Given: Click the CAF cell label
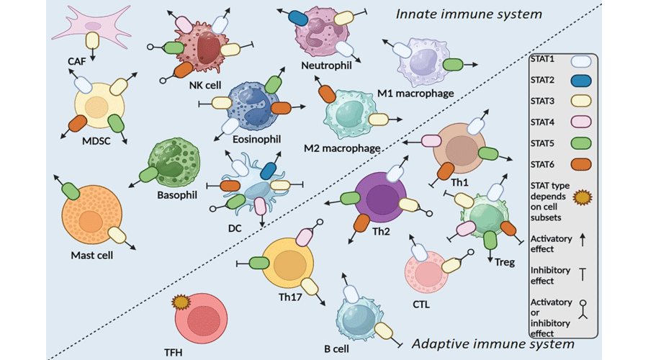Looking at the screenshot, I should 76,62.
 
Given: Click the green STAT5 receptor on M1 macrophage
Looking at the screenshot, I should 453,65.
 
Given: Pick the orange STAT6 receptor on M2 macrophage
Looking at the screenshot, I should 327,94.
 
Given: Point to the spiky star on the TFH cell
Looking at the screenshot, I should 179,302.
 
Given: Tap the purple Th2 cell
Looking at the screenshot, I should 381,198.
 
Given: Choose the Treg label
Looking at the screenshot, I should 505,263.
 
